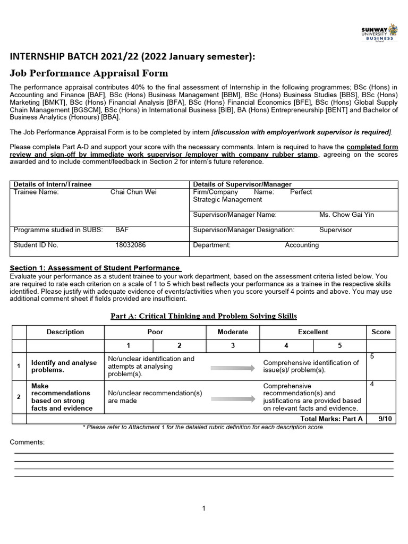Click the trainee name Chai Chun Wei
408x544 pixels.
click(133, 192)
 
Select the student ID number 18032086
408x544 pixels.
click(130, 245)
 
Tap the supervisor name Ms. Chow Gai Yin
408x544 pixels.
click(346, 215)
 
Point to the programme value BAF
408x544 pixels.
click(122, 230)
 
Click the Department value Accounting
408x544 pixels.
click(302, 245)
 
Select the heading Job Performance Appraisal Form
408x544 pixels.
click(89, 73)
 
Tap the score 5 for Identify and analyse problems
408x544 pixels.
click(372, 356)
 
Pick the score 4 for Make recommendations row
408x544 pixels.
click(372, 384)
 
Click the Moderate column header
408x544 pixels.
click(233, 331)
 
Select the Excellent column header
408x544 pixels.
click(313, 331)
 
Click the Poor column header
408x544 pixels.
click(155, 331)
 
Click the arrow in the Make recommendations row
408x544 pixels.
click(233, 396)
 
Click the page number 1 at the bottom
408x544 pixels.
click(203, 508)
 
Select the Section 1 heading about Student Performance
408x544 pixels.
click(96, 268)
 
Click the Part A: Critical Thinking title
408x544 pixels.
click(203, 316)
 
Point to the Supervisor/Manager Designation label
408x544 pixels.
click(244, 230)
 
